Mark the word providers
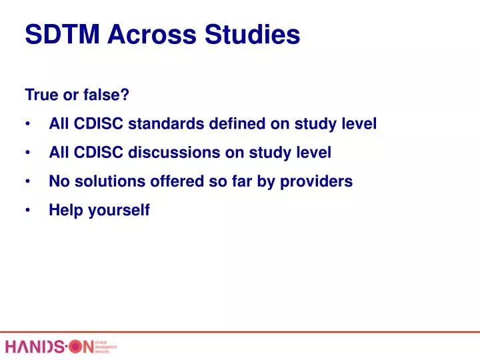pos(319,181)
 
